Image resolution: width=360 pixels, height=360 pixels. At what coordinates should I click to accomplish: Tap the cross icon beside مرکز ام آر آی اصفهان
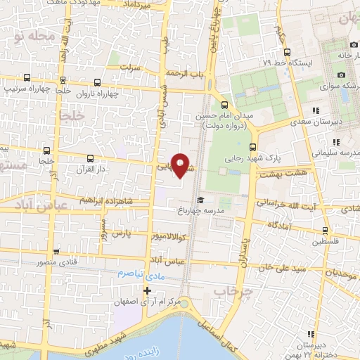[147, 290]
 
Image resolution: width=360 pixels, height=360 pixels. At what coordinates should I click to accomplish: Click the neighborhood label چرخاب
[233, 290]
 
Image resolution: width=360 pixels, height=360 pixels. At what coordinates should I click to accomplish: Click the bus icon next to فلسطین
[327, 230]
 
